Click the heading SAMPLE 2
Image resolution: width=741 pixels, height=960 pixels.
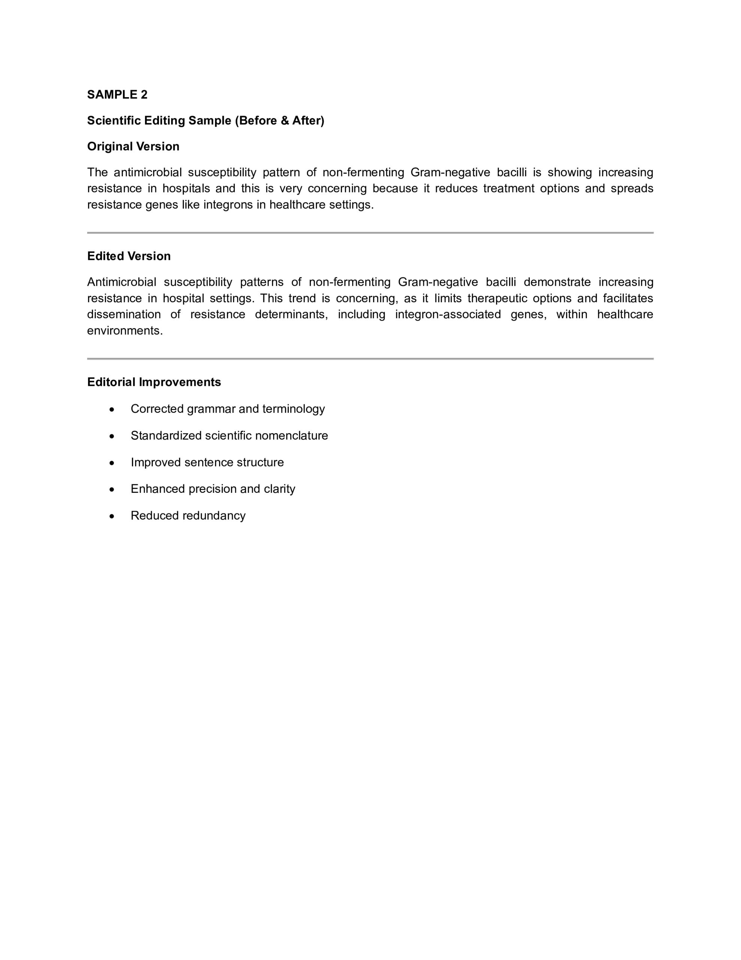click(x=117, y=94)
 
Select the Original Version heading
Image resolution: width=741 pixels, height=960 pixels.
click(x=133, y=146)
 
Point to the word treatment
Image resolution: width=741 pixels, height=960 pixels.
click(x=509, y=189)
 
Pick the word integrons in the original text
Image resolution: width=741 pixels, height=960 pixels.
click(x=228, y=205)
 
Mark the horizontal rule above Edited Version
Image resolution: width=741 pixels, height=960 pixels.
click(x=370, y=233)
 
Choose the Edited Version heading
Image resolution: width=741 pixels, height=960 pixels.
click(x=129, y=256)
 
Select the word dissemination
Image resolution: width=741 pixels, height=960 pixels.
click(x=123, y=314)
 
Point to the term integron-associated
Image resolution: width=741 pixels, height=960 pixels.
click(x=448, y=314)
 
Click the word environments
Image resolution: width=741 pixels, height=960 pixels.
click(x=125, y=330)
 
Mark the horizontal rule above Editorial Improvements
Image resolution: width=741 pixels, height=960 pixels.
click(x=370, y=358)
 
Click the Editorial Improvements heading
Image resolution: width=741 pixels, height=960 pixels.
click(x=154, y=382)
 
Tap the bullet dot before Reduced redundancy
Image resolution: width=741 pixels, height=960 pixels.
click(x=112, y=516)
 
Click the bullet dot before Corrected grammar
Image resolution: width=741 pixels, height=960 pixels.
click(x=112, y=409)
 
